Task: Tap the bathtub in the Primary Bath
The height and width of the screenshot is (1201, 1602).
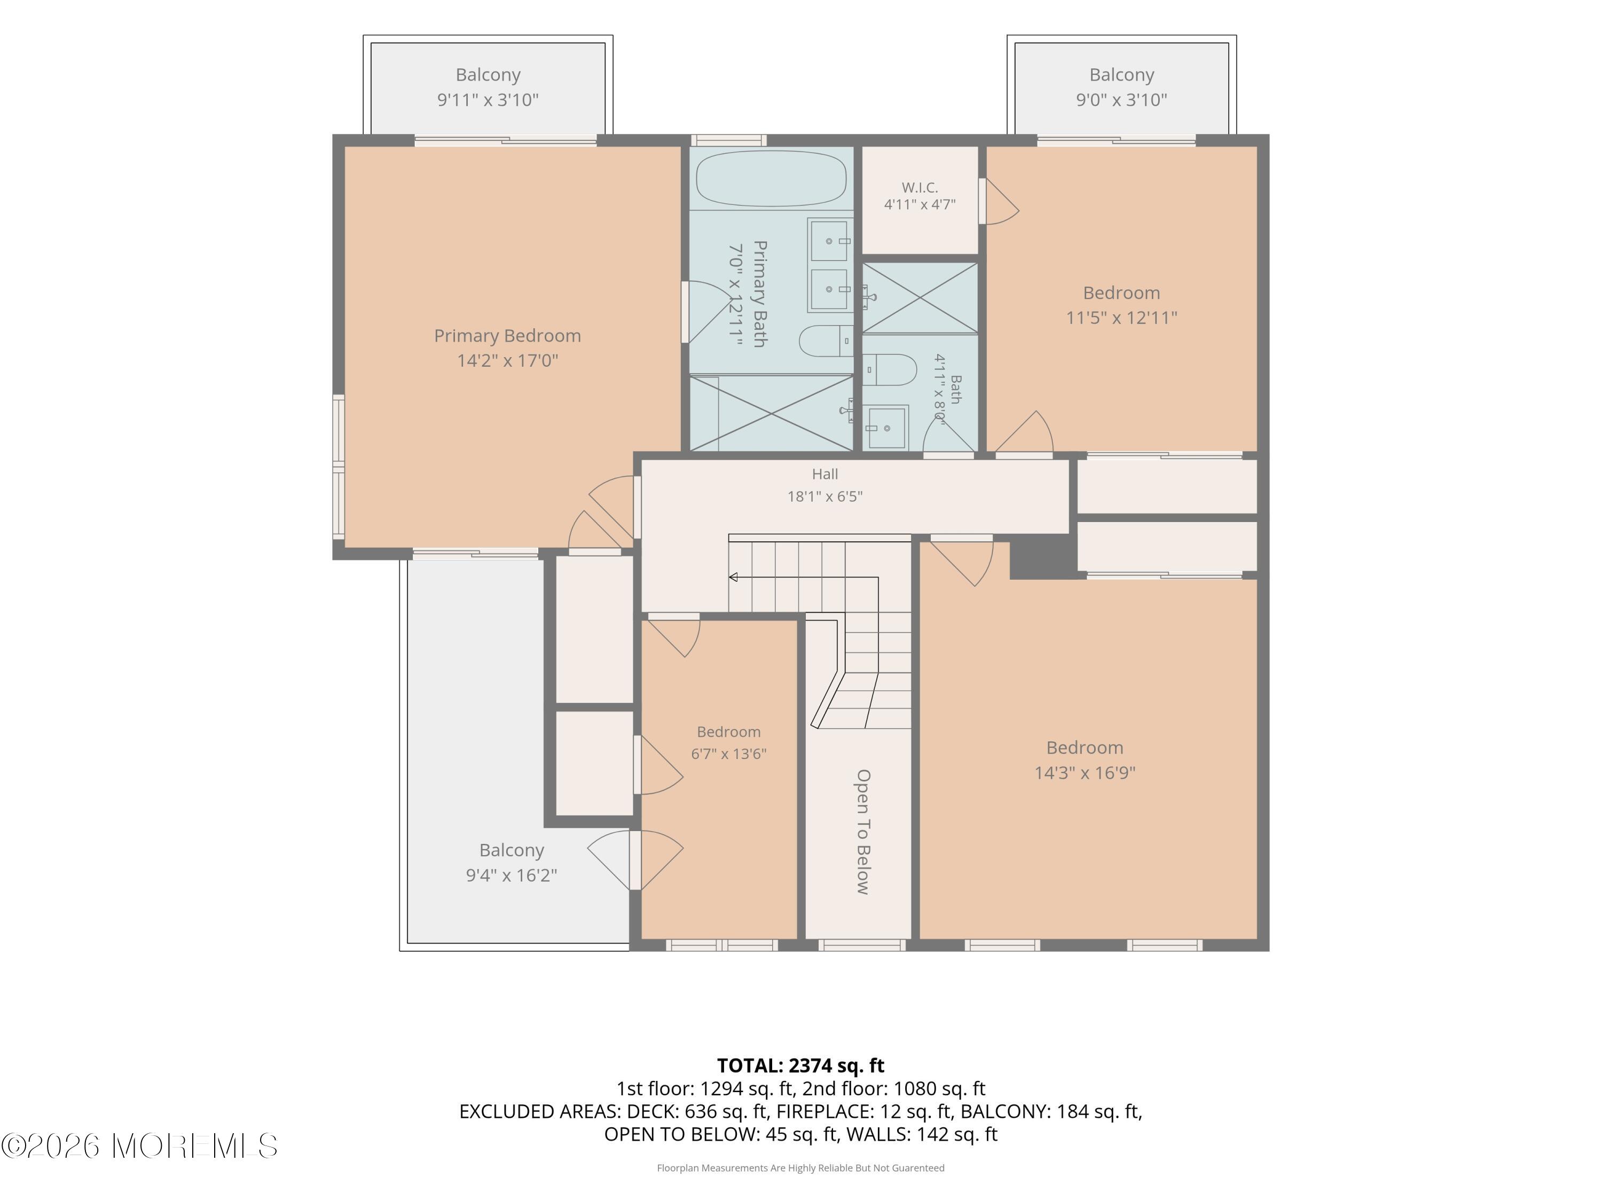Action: [771, 178]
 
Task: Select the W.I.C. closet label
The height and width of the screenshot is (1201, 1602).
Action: [920, 187]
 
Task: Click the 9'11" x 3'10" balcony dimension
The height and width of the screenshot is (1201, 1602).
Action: [488, 100]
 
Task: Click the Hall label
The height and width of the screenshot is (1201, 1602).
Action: [825, 474]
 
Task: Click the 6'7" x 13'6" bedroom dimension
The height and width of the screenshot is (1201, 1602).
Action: [728, 754]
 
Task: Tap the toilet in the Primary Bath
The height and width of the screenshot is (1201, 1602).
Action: [826, 341]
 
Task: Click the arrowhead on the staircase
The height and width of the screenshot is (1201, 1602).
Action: [733, 577]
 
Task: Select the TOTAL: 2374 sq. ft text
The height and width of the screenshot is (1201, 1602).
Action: [800, 1065]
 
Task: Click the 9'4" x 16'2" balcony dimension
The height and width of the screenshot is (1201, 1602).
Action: [512, 875]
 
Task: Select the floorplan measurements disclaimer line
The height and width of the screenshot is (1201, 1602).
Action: [800, 1168]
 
